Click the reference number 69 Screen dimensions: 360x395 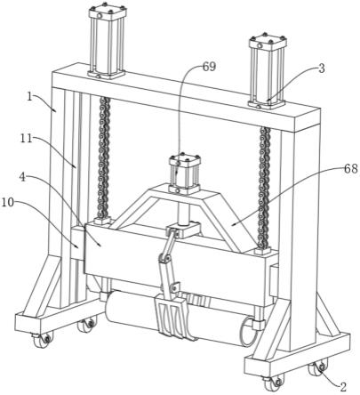pos(209,67)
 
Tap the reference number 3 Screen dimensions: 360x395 pos(322,69)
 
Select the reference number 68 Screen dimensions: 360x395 pos(351,169)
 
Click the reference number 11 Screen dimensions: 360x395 pos(27,138)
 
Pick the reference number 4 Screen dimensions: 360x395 pos(22,177)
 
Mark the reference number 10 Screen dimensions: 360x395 pos(8,203)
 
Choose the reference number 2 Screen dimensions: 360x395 pos(343,386)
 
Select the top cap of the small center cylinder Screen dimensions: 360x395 pos(185,160)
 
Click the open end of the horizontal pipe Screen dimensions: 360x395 pos(248,332)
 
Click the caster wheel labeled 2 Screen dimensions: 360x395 pos(319,367)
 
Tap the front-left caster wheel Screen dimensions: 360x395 pos(42,340)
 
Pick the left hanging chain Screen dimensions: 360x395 pos(104,158)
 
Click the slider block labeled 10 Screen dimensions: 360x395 pos(77,243)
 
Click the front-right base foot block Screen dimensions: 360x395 pos(297,358)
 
